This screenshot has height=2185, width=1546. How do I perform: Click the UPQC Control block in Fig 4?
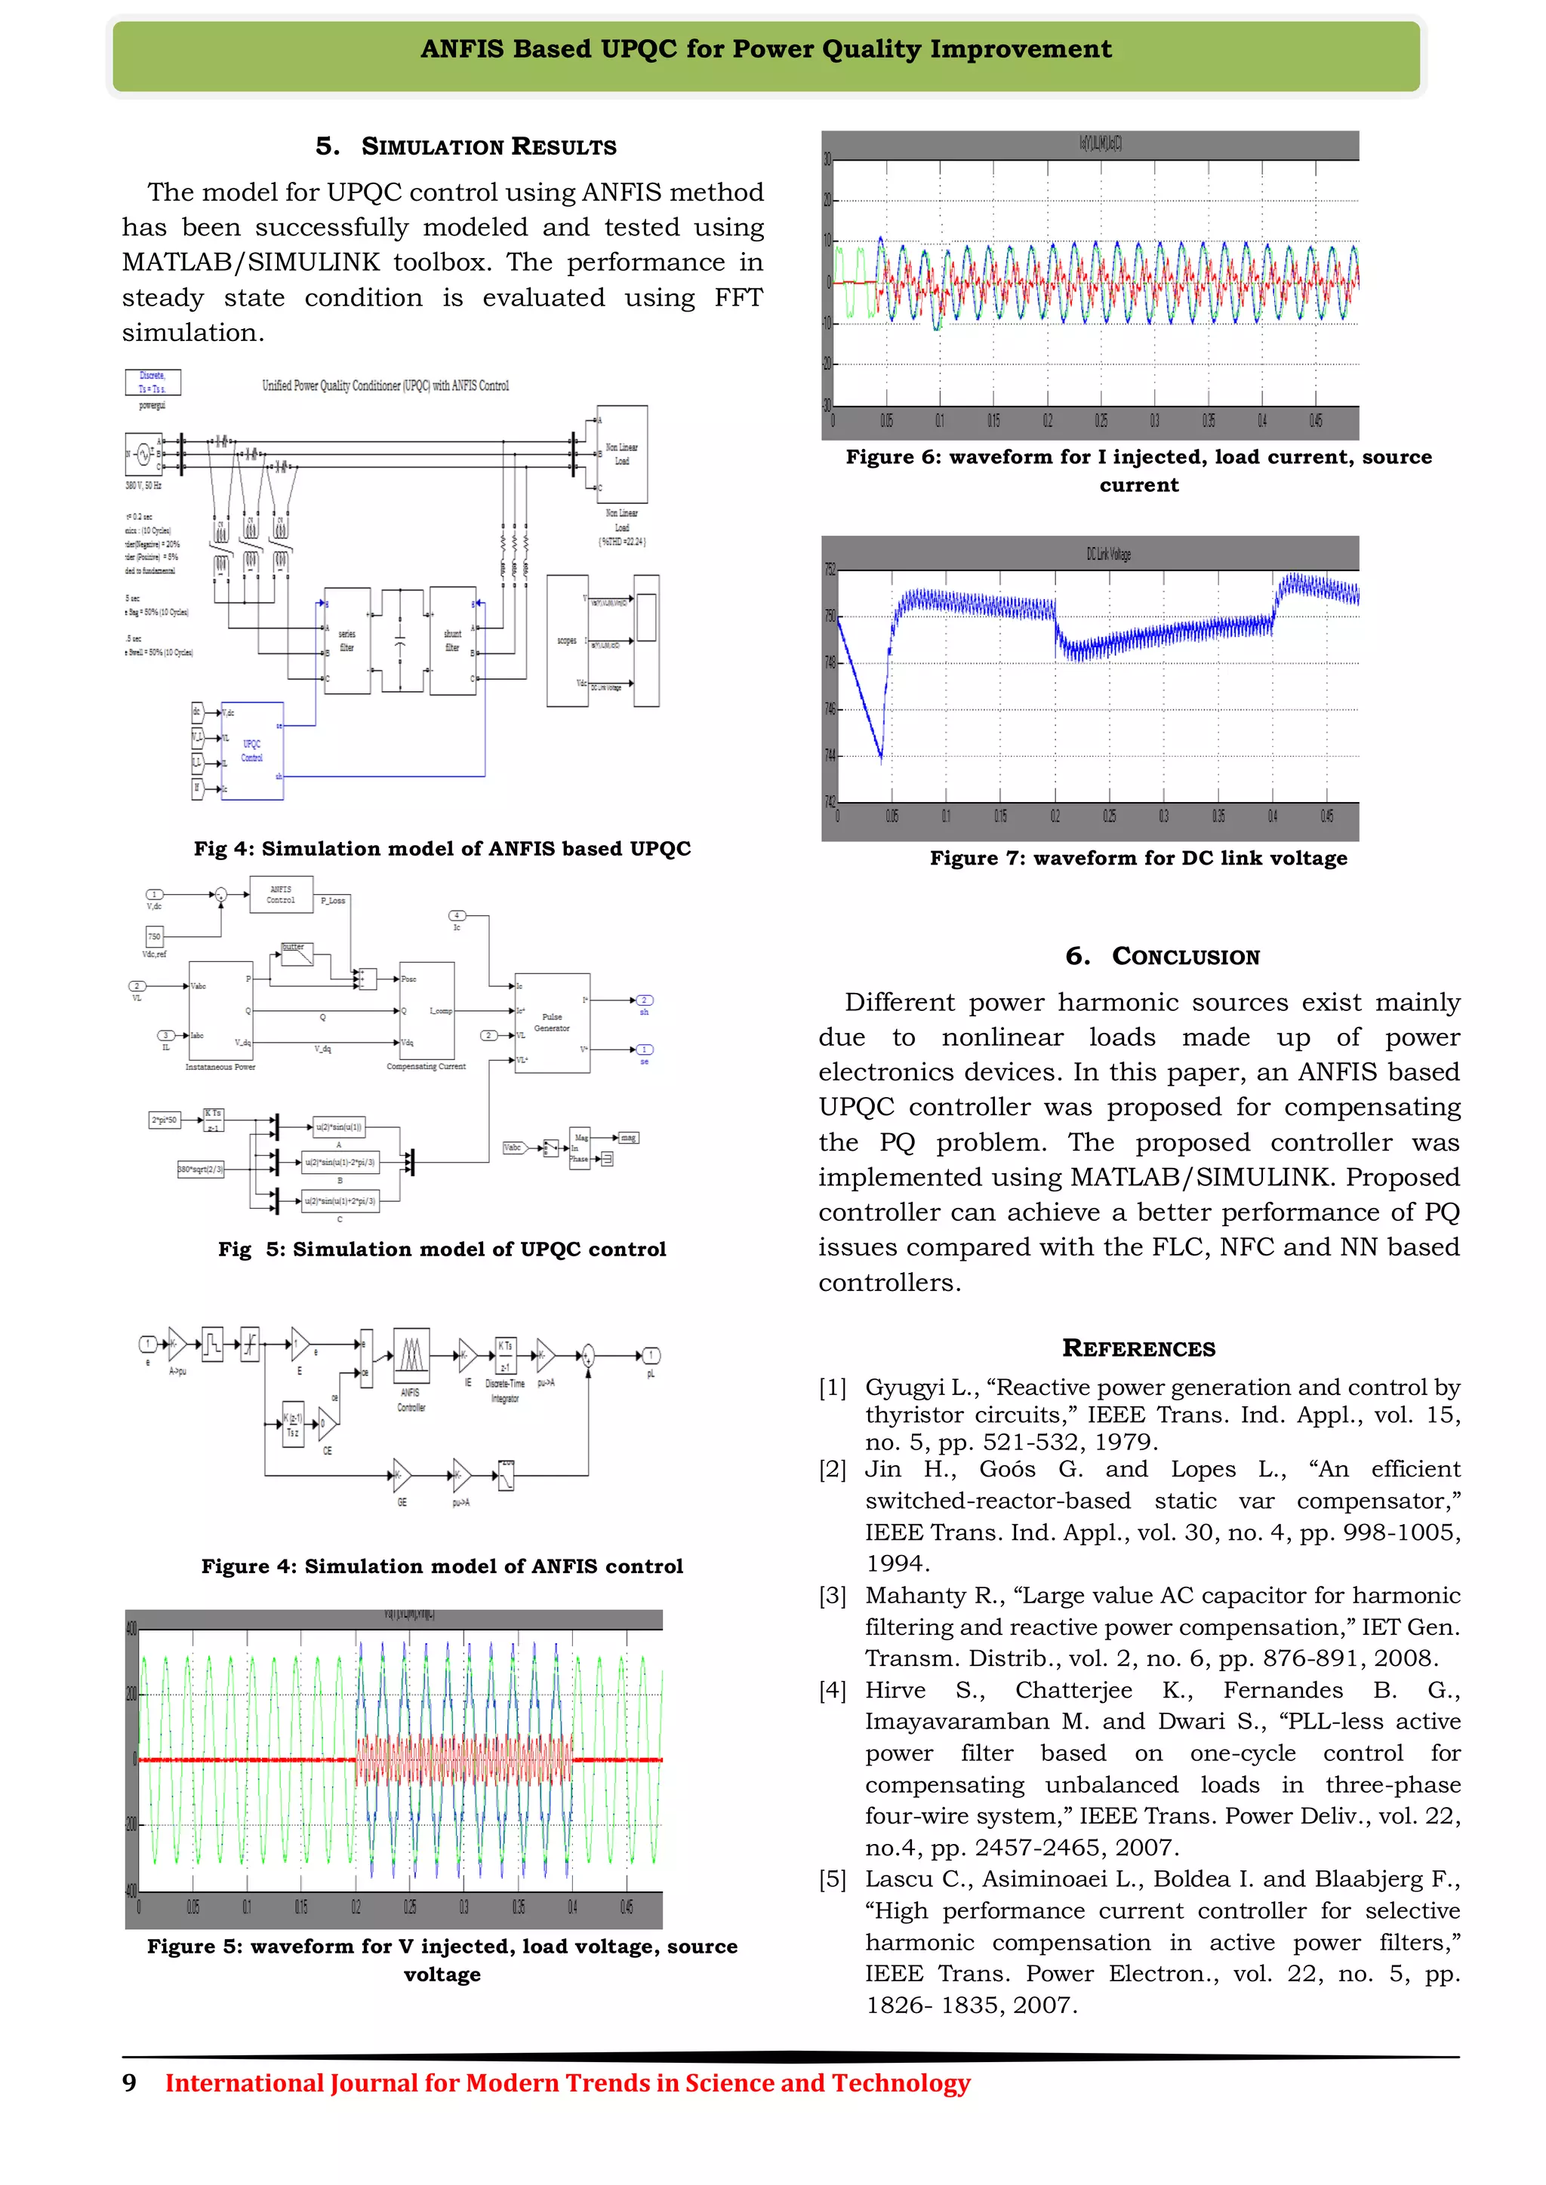252,751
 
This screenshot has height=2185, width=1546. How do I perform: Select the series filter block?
347,641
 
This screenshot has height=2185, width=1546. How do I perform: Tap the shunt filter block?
453,641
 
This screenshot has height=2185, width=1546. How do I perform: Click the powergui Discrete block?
152,382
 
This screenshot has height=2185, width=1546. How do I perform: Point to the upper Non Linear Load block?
621,454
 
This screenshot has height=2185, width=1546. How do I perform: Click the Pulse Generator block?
552,1023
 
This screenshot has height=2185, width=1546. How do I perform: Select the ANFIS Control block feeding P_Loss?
281,895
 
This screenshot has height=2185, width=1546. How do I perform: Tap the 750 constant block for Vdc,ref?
154,936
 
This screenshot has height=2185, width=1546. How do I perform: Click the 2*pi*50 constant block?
164,1120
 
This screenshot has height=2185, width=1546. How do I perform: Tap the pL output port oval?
651,1355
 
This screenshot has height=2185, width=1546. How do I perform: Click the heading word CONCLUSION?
1185,957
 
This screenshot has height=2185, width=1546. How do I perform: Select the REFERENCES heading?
1138,1348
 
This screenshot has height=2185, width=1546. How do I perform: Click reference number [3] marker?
832,1596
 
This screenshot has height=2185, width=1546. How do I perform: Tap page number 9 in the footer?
130,2083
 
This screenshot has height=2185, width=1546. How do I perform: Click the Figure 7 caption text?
1138,859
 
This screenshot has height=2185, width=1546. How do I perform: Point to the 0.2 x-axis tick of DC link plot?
1055,816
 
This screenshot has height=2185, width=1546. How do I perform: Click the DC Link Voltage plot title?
1108,554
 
